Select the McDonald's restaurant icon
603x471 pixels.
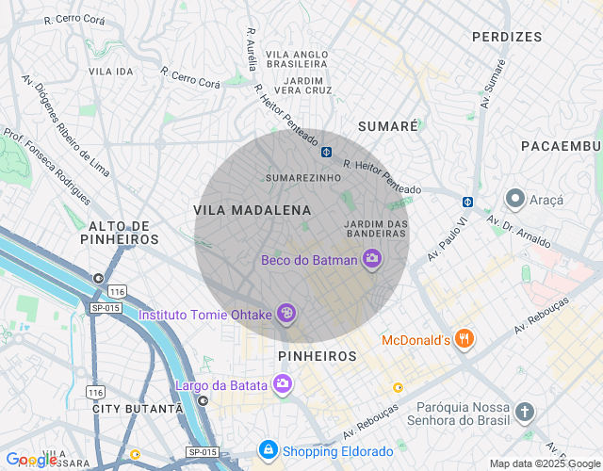click(x=463, y=339)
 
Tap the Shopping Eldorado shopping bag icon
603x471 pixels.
click(x=269, y=449)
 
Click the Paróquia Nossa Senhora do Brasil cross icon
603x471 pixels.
click(x=525, y=413)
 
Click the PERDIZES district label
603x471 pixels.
click(x=508, y=37)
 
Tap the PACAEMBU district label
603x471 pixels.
click(x=561, y=146)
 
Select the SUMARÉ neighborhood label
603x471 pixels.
click(x=387, y=126)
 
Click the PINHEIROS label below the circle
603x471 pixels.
click(x=318, y=356)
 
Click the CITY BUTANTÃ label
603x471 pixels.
click(x=137, y=408)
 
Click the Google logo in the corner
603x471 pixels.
click(x=31, y=460)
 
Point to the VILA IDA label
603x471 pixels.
click(x=110, y=72)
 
